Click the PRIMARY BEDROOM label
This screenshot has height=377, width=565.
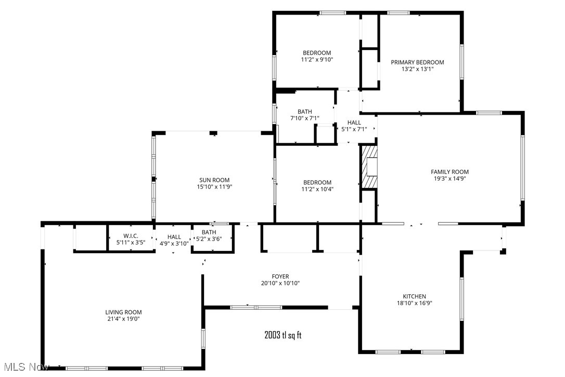(417, 62)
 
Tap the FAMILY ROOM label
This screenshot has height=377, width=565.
(450, 172)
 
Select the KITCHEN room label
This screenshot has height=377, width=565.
(414, 296)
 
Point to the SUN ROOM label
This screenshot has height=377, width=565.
(214, 180)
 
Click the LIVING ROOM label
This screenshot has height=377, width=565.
(123, 312)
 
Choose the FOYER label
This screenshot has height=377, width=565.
(280, 277)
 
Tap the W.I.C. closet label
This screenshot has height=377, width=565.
(130, 236)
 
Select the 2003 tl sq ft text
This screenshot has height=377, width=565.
(282, 335)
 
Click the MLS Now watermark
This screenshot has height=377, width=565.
(24, 367)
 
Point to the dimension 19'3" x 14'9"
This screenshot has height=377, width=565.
(450, 179)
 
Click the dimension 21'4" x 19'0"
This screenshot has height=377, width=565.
(123, 319)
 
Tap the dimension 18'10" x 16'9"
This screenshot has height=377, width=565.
(414, 303)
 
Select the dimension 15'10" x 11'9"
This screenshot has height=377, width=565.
(214, 186)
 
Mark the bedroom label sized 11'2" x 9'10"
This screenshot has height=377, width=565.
(317, 53)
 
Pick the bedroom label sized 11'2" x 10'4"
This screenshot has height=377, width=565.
(317, 182)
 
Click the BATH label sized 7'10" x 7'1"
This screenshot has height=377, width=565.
(304, 111)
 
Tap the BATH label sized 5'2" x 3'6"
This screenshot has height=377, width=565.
(209, 232)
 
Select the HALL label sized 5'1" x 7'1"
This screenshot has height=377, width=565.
(354, 122)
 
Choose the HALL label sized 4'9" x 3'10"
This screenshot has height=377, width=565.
(174, 236)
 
